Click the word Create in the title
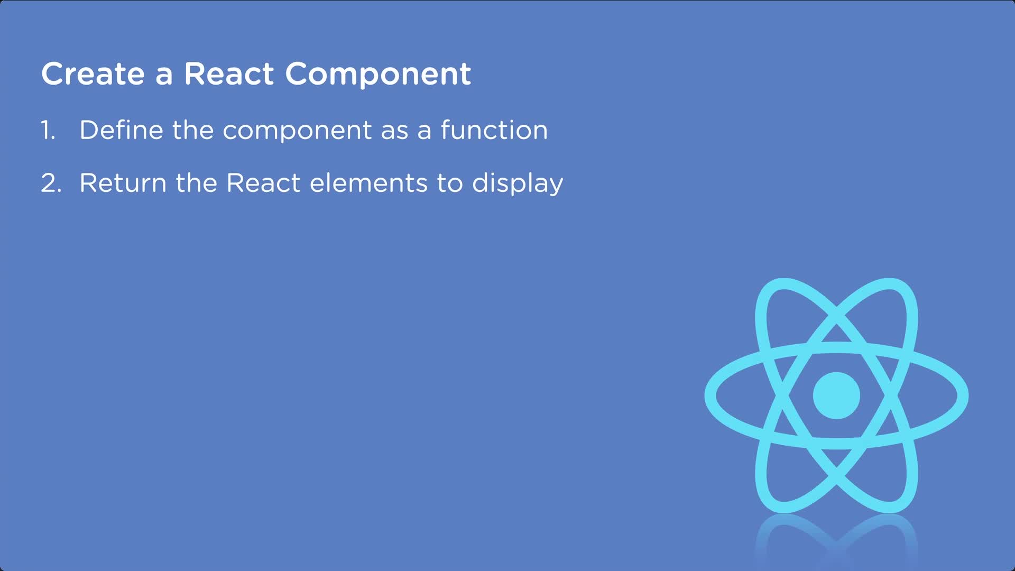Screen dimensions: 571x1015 (x=93, y=73)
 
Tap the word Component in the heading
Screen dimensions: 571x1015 (x=378, y=73)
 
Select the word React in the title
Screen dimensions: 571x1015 (x=228, y=73)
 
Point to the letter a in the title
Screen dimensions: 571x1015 (x=164, y=75)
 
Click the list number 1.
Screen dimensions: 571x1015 (x=48, y=130)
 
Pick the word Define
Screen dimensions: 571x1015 (x=121, y=130)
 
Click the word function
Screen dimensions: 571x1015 (x=494, y=130)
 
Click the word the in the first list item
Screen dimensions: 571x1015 (x=192, y=130)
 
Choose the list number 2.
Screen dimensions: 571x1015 (x=51, y=183)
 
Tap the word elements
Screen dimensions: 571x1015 (x=368, y=183)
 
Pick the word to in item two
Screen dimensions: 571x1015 (x=449, y=183)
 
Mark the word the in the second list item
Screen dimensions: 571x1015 (x=196, y=183)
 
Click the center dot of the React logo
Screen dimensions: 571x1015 (x=836, y=395)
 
